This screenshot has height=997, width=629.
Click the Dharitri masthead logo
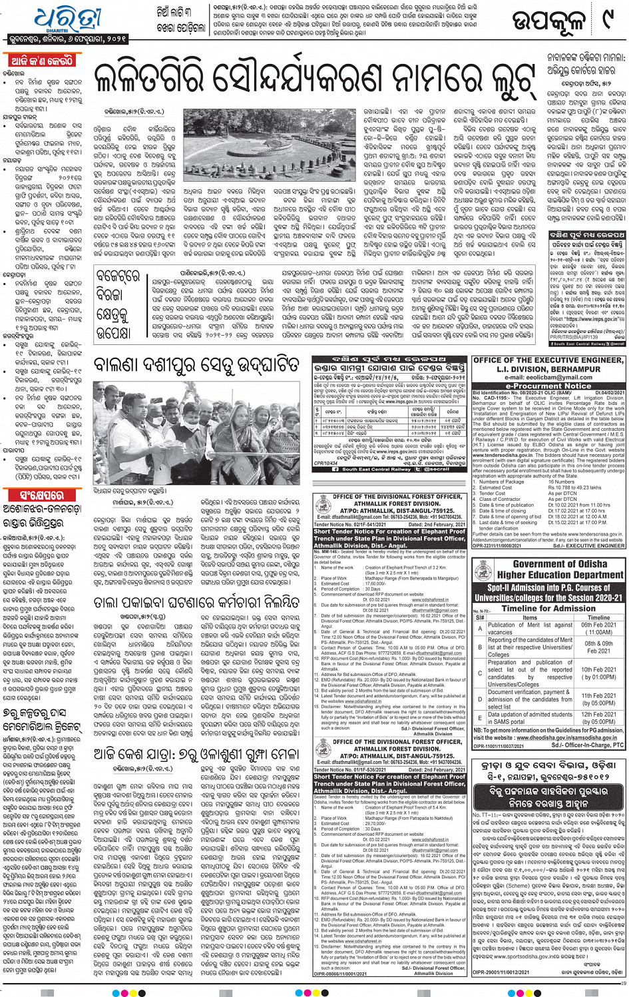click(63, 22)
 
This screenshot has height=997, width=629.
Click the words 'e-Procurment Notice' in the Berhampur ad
click(548, 386)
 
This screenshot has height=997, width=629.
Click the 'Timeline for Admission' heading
click(548, 608)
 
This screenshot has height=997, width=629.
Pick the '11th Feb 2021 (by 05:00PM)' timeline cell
click(598, 699)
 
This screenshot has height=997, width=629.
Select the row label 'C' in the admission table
click(480, 672)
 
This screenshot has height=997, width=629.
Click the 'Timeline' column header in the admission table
click(598, 618)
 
